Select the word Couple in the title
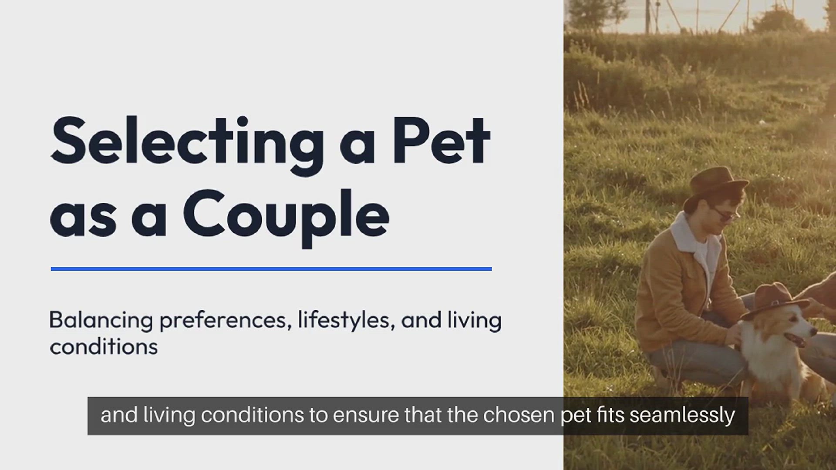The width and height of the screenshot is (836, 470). pos(286,215)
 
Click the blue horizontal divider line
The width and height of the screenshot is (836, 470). pos(271,269)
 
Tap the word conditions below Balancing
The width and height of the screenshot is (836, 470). pos(104,347)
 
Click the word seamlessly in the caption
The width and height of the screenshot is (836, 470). pos(682,415)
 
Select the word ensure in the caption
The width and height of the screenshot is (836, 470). pos(366,415)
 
